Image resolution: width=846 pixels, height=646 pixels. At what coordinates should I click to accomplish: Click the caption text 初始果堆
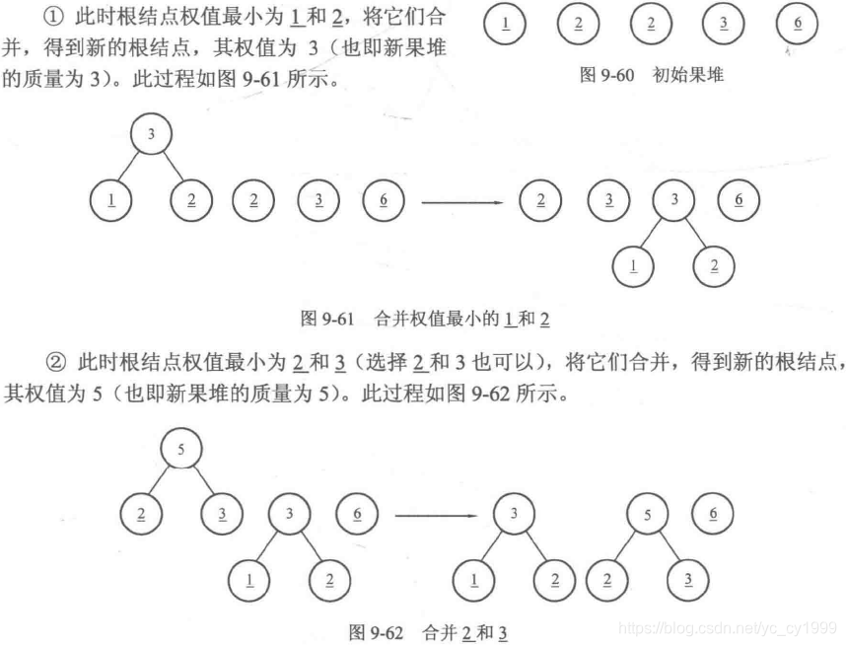coord(688,75)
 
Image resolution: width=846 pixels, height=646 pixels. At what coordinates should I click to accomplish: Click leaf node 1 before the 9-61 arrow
coord(110,200)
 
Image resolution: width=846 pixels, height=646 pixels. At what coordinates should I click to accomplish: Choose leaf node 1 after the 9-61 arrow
coord(633,264)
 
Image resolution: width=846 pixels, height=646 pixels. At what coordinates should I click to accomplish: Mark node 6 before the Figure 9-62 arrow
coord(356,514)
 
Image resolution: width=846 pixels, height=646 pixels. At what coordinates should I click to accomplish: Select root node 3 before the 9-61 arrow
coord(150,135)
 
